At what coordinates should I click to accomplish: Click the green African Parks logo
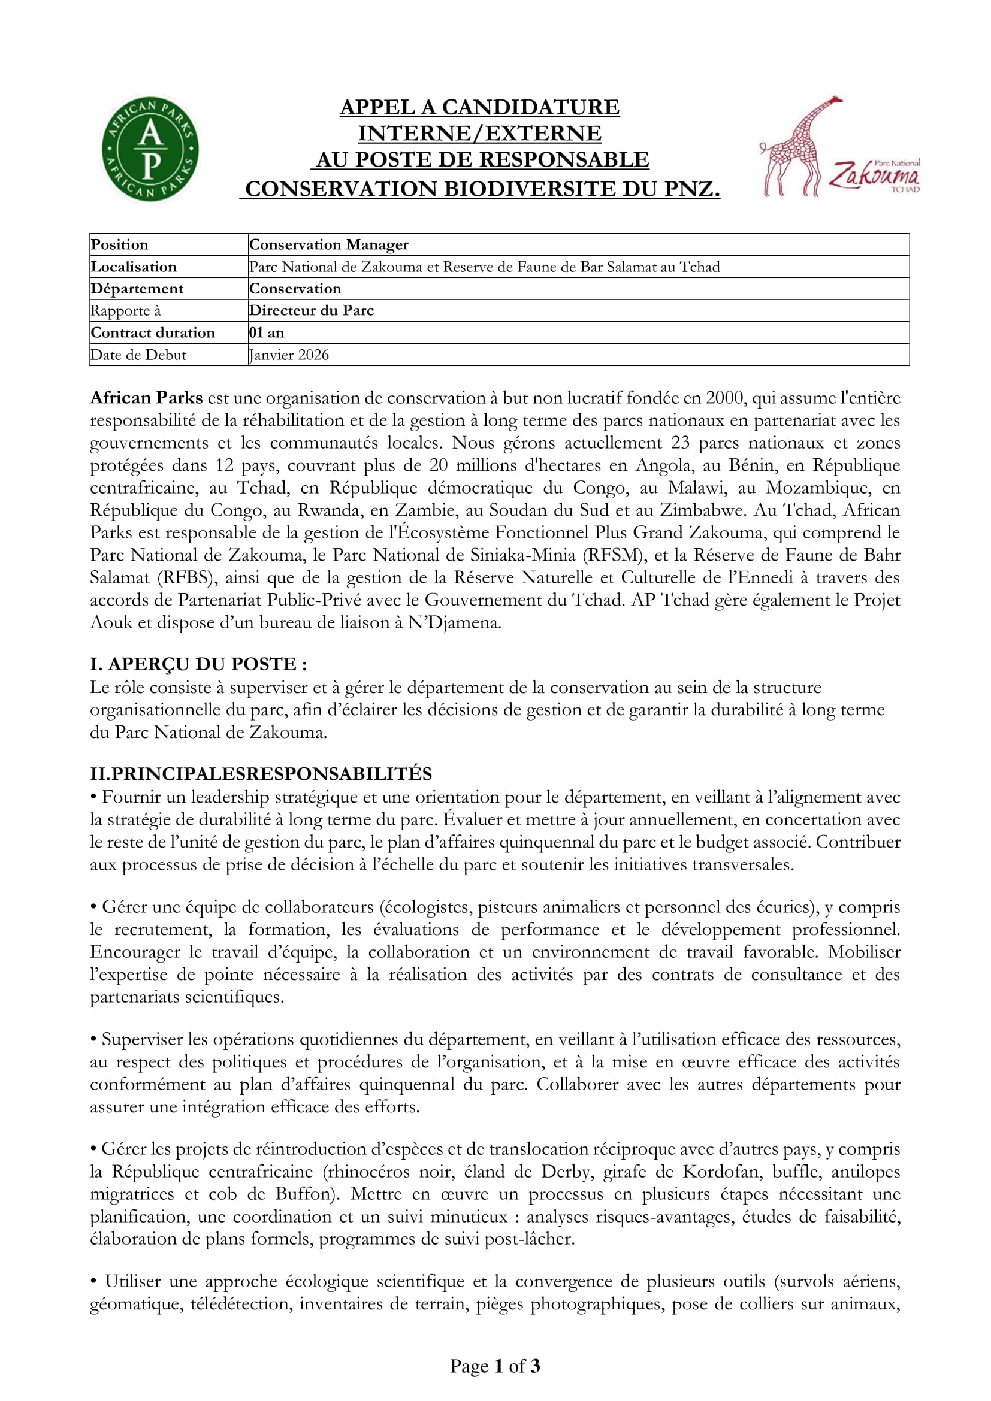pos(150,150)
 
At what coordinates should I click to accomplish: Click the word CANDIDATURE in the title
pos(530,107)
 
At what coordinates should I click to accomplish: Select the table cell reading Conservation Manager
pos(329,245)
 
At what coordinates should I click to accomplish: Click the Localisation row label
pos(134,267)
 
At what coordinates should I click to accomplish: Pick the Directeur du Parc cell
pos(311,311)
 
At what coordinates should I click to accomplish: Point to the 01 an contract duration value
pos(267,332)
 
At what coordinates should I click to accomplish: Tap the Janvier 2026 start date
pos(289,355)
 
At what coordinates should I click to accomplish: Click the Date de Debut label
pos(138,355)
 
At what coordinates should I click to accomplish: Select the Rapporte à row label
pos(126,311)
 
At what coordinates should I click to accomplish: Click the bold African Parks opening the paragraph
pos(146,398)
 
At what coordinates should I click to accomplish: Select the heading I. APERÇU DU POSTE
pos(198,664)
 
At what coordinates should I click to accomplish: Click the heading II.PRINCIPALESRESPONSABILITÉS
pos(261,774)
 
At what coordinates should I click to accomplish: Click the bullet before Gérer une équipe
pos(94,907)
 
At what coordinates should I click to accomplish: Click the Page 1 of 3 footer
pos(495,1366)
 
